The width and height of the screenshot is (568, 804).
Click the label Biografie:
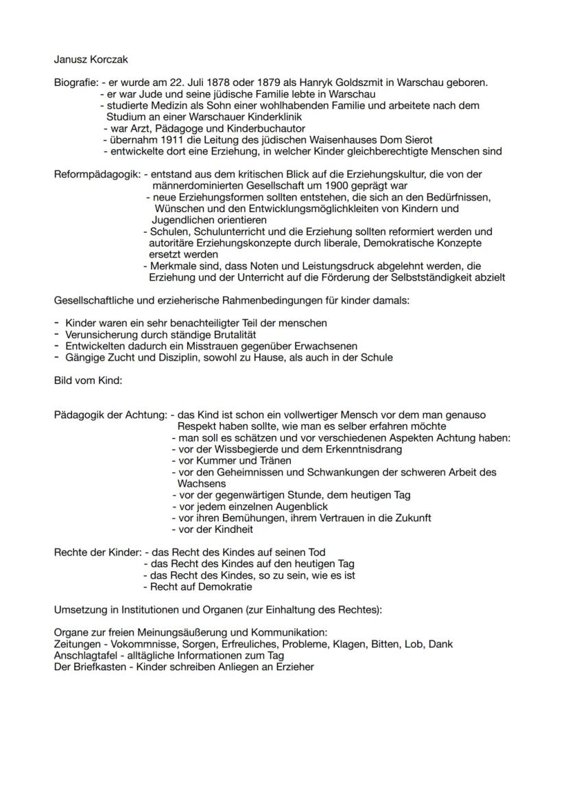(x=75, y=83)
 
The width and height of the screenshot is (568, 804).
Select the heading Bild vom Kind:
(x=87, y=380)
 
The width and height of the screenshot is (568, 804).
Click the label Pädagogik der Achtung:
(x=110, y=415)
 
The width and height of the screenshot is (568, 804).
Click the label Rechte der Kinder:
(x=97, y=552)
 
